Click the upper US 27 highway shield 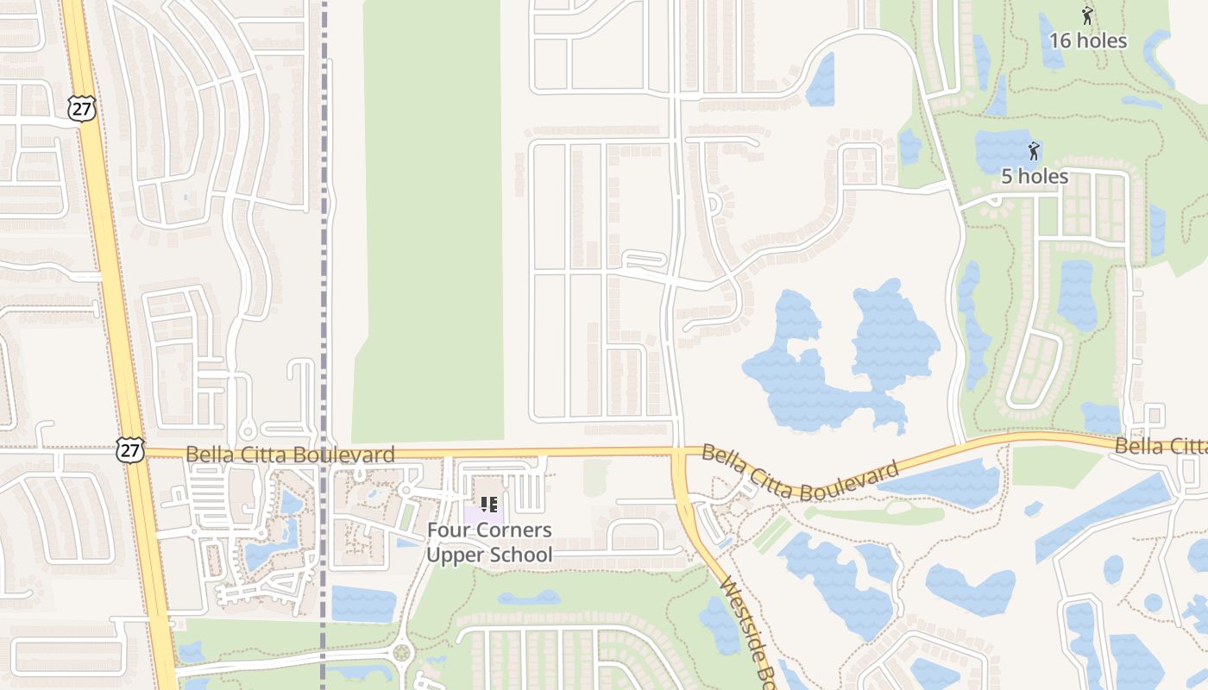click(79, 108)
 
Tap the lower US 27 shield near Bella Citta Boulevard click(128, 448)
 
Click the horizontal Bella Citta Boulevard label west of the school click(290, 455)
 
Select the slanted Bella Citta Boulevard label click(800, 473)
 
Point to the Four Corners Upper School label click(489, 543)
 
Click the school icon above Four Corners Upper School click(488, 505)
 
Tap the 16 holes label click(1088, 41)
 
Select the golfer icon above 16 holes click(1087, 15)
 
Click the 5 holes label click(1035, 177)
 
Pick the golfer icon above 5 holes click(1034, 152)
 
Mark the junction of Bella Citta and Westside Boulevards click(679, 452)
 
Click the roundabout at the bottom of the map click(401, 652)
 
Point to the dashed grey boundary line click(324, 259)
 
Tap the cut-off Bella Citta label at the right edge click(1161, 446)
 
